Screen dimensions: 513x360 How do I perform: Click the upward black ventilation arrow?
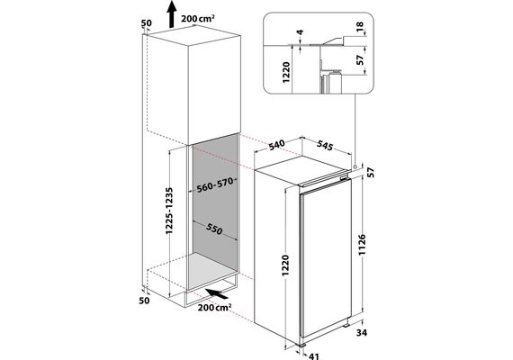pyautogui.click(x=171, y=14)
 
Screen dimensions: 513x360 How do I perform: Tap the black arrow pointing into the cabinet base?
pyautogui.click(x=216, y=293)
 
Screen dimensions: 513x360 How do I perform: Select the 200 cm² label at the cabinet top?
pyautogui.click(x=198, y=18)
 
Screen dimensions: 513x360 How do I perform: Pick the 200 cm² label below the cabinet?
pyautogui.click(x=214, y=308)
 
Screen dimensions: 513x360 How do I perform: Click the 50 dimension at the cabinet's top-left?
pyautogui.click(x=147, y=23)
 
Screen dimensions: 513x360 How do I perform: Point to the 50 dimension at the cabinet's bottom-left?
pyautogui.click(x=144, y=301)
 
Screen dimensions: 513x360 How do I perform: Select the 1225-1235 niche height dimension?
pyautogui.click(x=169, y=211)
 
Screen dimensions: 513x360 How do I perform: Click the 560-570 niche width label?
pyautogui.click(x=215, y=184)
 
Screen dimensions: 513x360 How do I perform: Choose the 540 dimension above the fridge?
pyautogui.click(x=277, y=145)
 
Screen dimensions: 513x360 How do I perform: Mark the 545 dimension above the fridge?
pyautogui.click(x=325, y=146)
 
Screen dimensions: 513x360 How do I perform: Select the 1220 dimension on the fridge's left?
pyautogui.click(x=285, y=265)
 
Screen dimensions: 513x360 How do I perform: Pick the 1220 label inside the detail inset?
pyautogui.click(x=286, y=72)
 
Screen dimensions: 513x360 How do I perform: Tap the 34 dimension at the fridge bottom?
pyautogui.click(x=362, y=333)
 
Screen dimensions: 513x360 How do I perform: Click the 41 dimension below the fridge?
pyautogui.click(x=313, y=356)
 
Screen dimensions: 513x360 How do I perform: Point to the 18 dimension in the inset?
pyautogui.click(x=359, y=25)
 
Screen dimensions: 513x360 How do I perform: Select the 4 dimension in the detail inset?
pyautogui.click(x=300, y=32)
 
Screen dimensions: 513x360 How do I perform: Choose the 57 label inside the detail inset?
pyautogui.click(x=360, y=60)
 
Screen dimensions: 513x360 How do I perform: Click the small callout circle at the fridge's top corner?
pyautogui.click(x=355, y=166)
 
